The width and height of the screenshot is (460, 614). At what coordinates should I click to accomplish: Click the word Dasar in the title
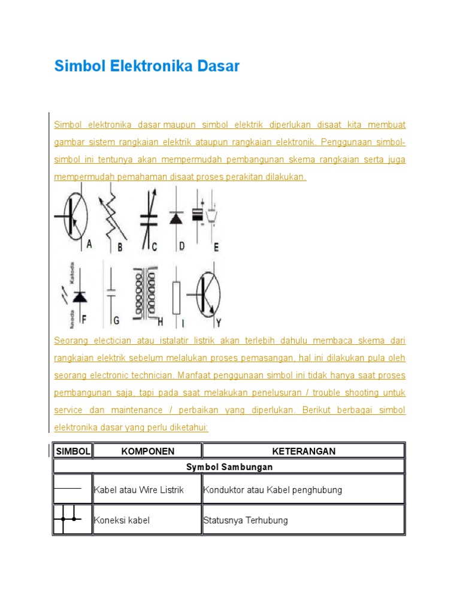[x=216, y=66]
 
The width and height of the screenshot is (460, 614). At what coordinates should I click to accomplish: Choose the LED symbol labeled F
[x=78, y=295]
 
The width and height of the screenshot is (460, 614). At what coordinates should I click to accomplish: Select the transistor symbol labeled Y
[x=207, y=294]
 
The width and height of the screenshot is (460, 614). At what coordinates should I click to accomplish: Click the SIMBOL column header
[x=72, y=451]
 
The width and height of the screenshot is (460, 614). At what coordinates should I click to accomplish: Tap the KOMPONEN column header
[x=147, y=451]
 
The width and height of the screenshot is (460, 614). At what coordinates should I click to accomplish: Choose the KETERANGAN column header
[x=304, y=451]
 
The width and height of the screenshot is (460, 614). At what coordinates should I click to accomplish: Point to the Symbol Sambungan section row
[x=229, y=466]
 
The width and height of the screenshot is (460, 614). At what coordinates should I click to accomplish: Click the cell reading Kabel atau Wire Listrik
[x=139, y=490]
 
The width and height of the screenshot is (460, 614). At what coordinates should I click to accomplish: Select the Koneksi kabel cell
[x=122, y=520]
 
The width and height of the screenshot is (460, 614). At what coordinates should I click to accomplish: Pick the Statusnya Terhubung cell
[x=246, y=520]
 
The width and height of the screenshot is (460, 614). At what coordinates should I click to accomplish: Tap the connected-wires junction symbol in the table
[x=68, y=519]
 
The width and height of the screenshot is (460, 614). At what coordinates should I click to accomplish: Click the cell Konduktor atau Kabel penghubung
[x=273, y=490]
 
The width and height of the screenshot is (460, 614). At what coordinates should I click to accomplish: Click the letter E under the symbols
[x=216, y=246]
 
